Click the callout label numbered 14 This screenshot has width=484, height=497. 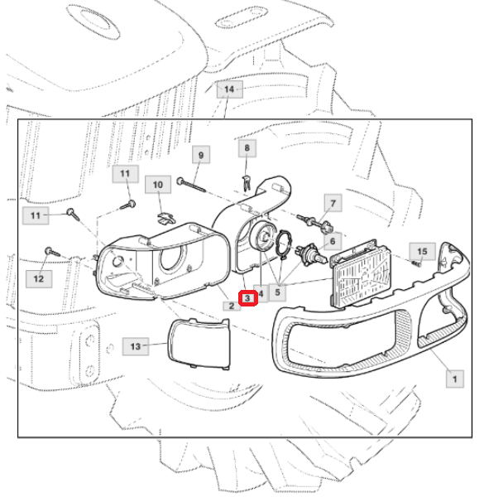[x=229, y=89]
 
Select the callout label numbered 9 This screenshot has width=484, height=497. [x=201, y=155]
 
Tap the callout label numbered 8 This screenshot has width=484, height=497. [x=247, y=147]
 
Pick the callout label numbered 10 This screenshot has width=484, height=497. [x=158, y=185]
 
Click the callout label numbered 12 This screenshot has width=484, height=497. [x=39, y=279]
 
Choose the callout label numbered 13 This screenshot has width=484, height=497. [x=136, y=346]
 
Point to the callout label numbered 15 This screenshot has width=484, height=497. [x=422, y=252]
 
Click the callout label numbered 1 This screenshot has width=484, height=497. [x=455, y=379]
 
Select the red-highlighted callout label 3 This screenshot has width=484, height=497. [x=247, y=298]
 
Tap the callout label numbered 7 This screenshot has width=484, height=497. [x=333, y=203]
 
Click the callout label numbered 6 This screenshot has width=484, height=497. [x=333, y=241]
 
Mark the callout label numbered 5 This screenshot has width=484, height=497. [x=278, y=292]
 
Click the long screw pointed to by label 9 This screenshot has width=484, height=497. [x=191, y=185]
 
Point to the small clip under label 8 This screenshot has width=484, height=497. [x=247, y=183]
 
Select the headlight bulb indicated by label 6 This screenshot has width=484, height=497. [x=311, y=253]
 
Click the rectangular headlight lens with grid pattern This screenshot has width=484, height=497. [x=361, y=275]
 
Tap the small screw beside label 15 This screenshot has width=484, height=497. [x=418, y=263]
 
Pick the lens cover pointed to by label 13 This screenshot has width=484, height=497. [x=199, y=345]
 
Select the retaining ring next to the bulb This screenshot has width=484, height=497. [x=285, y=244]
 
